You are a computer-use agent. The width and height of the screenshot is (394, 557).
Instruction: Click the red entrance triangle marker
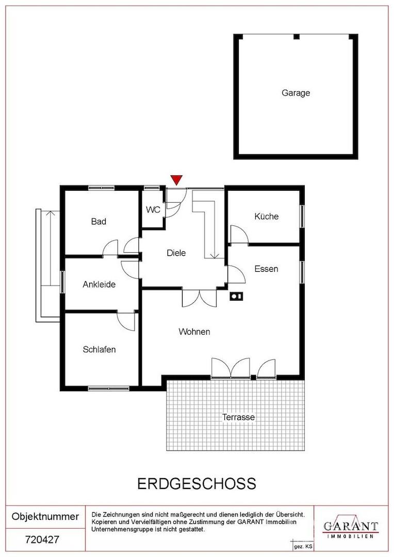tap(176, 180)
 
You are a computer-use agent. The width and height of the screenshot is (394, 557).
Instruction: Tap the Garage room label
tap(295, 93)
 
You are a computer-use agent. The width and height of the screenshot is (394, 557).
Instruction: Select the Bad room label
tap(98, 222)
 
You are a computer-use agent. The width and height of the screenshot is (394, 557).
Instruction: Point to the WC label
tap(153, 209)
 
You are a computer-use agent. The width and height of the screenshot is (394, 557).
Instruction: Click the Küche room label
tap(267, 216)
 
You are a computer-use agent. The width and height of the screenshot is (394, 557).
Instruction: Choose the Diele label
tap(176, 253)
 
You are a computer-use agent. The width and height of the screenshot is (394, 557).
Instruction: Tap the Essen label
tap(266, 269)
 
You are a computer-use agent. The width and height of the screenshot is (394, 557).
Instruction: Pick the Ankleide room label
tap(99, 285)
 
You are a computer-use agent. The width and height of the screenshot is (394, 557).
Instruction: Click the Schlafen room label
tap(99, 350)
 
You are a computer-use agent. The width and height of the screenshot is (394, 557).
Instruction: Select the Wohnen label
tap(194, 332)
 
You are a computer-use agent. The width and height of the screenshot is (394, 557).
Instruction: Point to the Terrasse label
tap(238, 417)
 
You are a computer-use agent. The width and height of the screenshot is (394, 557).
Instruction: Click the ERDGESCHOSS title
tap(196, 484)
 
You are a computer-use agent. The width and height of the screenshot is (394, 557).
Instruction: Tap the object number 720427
tap(42, 540)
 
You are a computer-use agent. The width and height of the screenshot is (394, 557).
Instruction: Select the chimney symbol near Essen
tap(237, 296)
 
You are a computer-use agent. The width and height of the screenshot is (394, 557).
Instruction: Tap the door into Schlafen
tap(126, 321)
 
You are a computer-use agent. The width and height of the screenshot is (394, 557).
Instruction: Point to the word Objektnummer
tap(45, 516)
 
